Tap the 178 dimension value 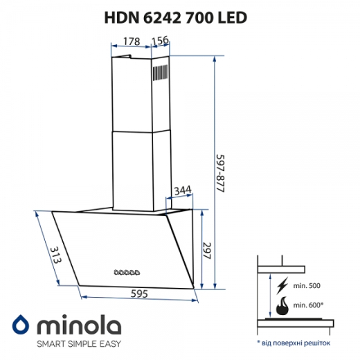(x=131, y=41)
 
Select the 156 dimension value (x=160, y=41)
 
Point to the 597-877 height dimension (x=220, y=170)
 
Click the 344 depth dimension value (x=182, y=190)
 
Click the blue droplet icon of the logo (x=21, y=326)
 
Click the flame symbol (x=282, y=305)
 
